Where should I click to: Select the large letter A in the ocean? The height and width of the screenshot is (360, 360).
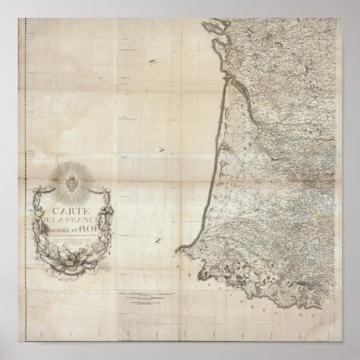[162, 148]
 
